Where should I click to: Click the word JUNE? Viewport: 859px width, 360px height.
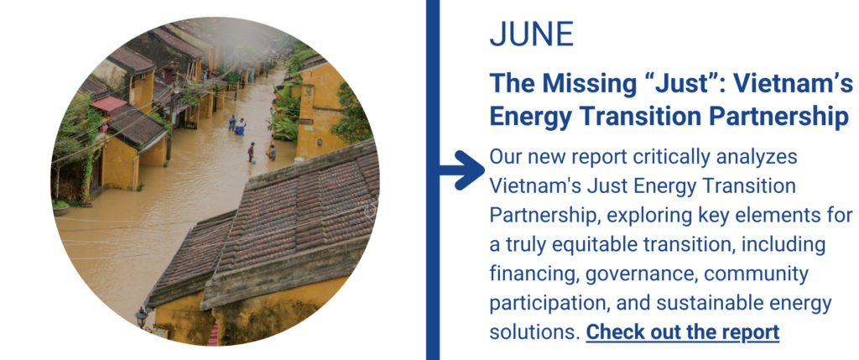pos(531,34)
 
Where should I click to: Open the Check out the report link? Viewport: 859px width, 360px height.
pos(683,332)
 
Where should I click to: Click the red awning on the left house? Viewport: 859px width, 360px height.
pos(108,103)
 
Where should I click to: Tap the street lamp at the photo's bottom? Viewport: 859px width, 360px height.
pos(141,316)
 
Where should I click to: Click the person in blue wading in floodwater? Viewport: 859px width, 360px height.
pos(240,127)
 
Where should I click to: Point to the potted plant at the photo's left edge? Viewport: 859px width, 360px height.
pos(60,206)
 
